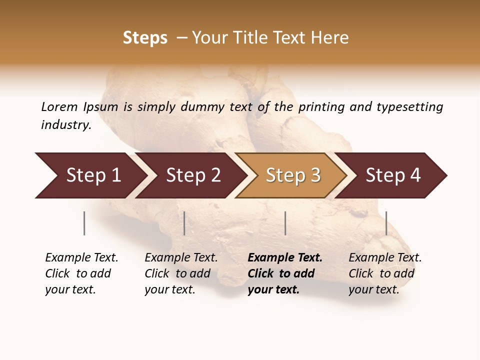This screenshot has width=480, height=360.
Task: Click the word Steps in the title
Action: [145, 38]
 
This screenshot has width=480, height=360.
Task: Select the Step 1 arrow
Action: [93, 175]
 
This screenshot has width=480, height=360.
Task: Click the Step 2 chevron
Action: [193, 175]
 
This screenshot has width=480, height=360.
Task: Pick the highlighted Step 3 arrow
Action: [293, 175]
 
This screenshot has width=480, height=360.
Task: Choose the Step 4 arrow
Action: [393, 175]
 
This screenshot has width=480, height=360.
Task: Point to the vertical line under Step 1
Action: [84, 223]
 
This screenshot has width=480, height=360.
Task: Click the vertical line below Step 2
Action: [184, 223]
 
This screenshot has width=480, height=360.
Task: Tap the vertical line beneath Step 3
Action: [285, 223]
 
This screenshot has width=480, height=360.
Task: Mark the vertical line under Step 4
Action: [386, 223]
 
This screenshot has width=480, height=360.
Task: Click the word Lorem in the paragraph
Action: [59, 106]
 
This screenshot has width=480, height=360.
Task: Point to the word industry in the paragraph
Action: [66, 125]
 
